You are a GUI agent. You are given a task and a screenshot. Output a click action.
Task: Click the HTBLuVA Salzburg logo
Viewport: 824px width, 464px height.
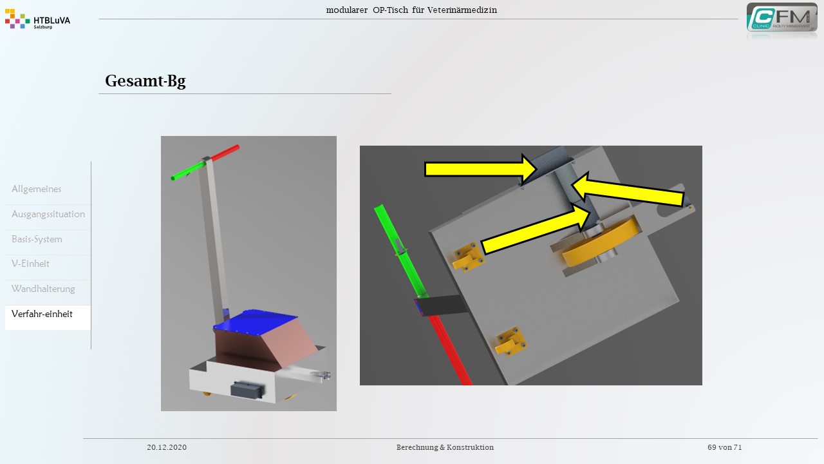37,19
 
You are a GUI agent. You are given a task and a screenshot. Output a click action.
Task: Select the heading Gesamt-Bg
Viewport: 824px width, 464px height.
145,81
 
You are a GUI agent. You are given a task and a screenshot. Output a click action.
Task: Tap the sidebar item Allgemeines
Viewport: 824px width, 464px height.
37,189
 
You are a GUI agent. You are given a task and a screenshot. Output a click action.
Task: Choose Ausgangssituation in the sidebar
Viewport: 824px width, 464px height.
48,214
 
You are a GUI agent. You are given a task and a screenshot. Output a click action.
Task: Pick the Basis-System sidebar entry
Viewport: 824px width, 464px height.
37,239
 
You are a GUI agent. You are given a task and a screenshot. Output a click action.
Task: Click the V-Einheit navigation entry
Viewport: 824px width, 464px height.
30,264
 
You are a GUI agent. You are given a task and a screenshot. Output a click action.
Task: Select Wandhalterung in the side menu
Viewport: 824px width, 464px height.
43,289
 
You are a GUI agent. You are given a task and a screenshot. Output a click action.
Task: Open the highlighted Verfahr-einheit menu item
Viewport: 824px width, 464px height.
42,314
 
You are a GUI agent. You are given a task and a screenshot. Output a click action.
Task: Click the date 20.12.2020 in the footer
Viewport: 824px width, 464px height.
167,447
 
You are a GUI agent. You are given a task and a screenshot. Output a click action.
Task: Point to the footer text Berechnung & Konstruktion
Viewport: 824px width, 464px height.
445,447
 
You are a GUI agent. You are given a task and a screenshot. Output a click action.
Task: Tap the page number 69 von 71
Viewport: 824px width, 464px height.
725,447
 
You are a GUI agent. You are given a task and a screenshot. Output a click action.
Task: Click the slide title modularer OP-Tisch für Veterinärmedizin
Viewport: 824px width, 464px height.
411,10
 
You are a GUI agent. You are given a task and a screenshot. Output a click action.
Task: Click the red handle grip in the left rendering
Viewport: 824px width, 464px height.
225,153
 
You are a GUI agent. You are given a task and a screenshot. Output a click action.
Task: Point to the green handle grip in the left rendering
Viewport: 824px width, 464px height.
187,171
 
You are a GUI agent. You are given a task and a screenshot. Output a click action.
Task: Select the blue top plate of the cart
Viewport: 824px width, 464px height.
256,322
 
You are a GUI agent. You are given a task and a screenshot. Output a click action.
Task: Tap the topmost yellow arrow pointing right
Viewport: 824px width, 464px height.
481,169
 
